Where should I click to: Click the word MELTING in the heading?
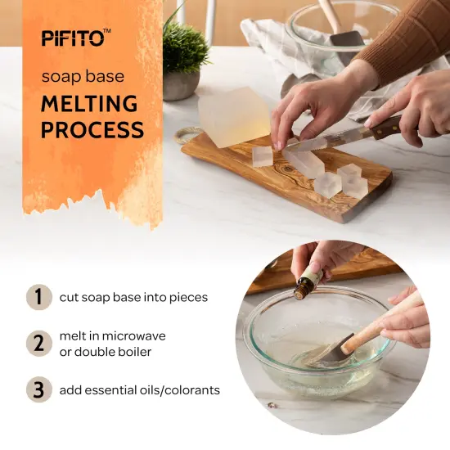(90, 105)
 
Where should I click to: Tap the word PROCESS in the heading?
(92, 130)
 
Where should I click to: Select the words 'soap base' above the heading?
(83, 77)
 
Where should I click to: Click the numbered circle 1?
(38, 297)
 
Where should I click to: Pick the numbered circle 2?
(38, 344)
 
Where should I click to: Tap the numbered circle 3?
(38, 390)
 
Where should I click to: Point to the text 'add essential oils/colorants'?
(140, 390)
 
